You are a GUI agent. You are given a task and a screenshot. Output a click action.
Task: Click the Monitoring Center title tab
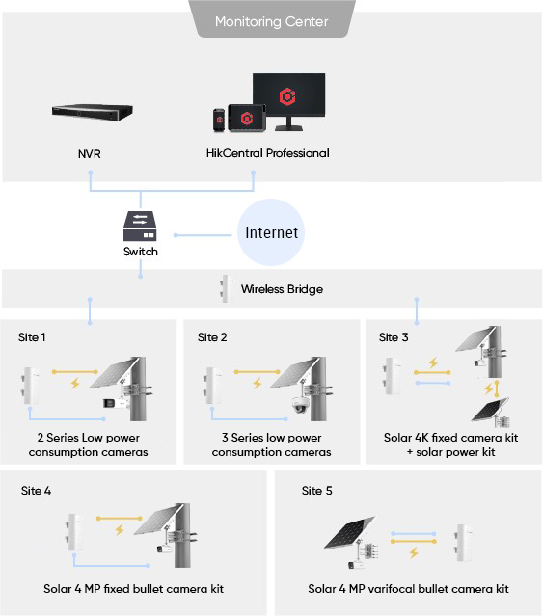(x=271, y=20)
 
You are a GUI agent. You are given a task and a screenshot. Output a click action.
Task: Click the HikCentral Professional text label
(x=267, y=153)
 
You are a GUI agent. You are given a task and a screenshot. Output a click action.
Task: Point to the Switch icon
(x=140, y=227)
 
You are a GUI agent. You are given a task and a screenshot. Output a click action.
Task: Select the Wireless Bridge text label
(x=282, y=288)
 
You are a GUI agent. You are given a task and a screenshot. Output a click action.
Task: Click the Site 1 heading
(x=32, y=337)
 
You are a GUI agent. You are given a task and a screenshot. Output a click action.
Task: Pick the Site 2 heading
(x=212, y=337)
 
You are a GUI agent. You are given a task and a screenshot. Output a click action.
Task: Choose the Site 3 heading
(x=394, y=337)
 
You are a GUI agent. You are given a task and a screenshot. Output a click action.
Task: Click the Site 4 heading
(x=36, y=491)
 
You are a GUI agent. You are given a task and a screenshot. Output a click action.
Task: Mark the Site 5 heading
(x=316, y=491)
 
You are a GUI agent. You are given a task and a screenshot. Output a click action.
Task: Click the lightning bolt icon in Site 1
(x=74, y=384)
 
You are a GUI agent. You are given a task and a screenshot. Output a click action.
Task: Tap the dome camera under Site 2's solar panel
(x=300, y=406)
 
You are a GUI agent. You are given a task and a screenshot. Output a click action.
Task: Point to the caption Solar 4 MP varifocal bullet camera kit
(x=408, y=589)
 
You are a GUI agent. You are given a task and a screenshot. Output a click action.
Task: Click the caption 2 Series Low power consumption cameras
(x=87, y=445)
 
